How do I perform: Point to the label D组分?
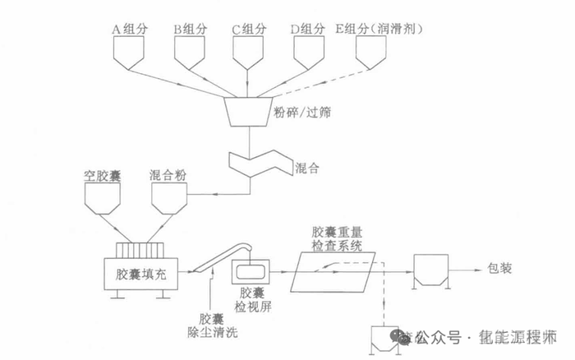[307, 29]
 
